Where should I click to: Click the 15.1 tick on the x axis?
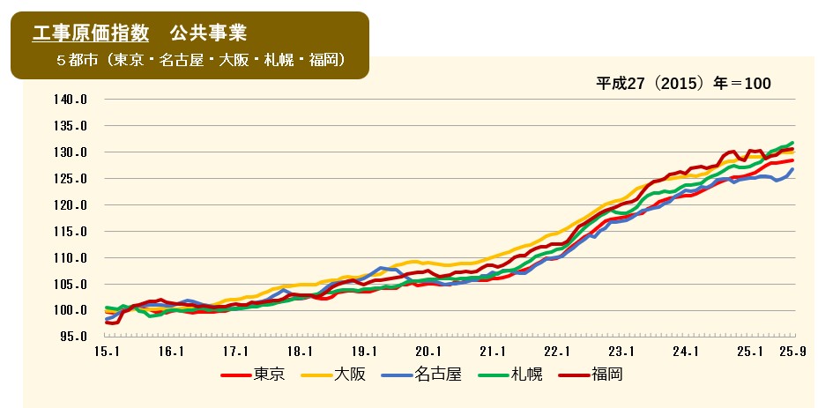[105, 352]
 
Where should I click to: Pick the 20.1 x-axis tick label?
[427, 352]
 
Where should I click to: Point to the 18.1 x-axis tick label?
[298, 352]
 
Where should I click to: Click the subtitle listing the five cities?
[199, 61]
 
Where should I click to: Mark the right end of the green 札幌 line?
[793, 143]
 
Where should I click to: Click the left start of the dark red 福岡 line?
[106, 323]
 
